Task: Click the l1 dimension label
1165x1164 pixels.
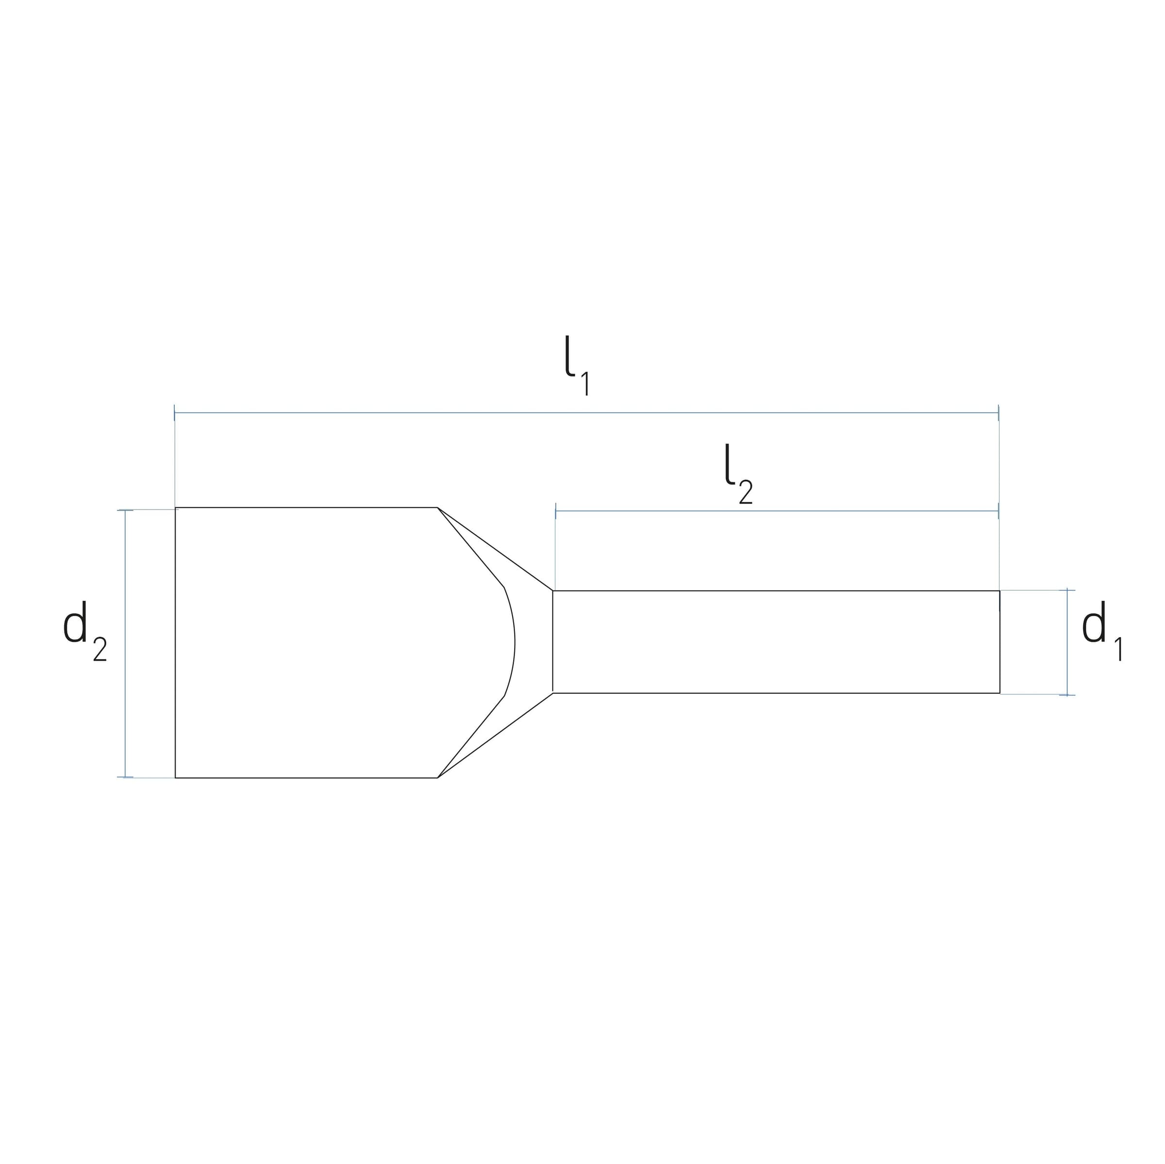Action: pos(577,365)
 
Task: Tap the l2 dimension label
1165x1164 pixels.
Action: pos(739,474)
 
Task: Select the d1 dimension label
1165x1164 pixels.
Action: pos(1102,631)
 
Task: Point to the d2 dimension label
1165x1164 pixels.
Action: pos(85,631)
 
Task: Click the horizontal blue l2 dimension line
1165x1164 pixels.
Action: pos(777,511)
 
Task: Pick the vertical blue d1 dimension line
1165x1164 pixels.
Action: pos(1067,642)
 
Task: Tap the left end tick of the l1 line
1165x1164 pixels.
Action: pos(174,413)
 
